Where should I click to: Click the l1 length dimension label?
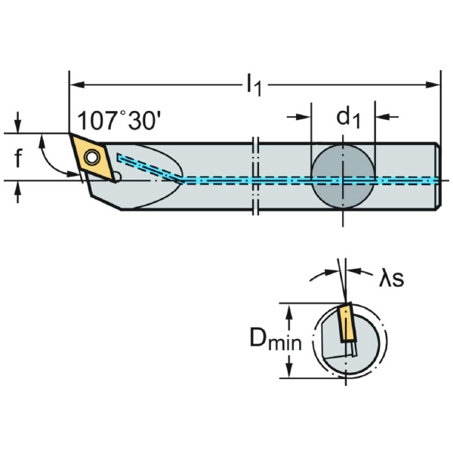click(254, 85)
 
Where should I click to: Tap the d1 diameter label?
click(348, 118)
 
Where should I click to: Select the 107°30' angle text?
click(119, 120)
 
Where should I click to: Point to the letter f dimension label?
click(18, 158)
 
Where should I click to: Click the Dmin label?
click(276, 338)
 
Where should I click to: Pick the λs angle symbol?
click(391, 278)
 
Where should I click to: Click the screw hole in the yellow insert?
click(91, 158)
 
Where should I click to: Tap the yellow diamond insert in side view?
click(91, 158)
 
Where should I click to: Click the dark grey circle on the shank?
click(343, 176)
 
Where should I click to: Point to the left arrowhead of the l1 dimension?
click(77, 85)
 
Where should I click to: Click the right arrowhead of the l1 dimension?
click(433, 85)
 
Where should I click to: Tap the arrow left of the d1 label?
click(299, 117)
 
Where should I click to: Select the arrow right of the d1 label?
click(387, 117)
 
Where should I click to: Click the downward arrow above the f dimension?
click(18, 122)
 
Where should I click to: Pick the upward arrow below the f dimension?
click(18, 192)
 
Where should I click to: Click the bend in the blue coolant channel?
click(181, 180)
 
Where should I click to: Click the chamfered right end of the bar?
click(438, 176)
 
